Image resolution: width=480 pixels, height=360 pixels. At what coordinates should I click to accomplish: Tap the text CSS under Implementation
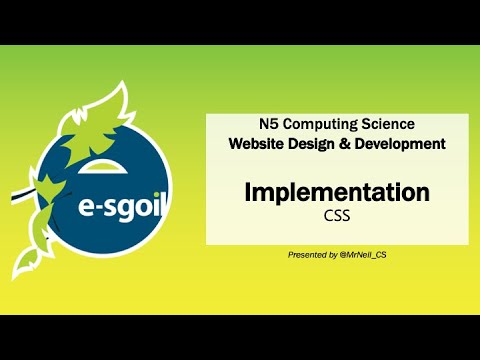pos(337,214)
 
